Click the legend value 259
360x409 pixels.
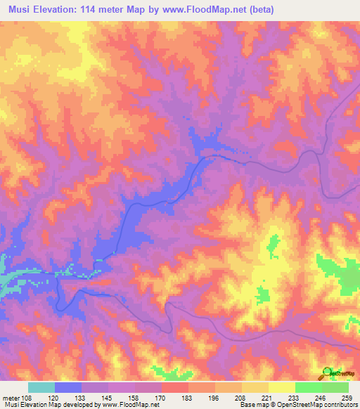coord(347,398)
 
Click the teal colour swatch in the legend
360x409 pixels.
coord(41,387)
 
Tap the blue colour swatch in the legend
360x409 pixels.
coord(68,387)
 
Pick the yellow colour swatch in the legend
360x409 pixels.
coord(281,387)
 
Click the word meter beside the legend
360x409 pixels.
coord(11,398)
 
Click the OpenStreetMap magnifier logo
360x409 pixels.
coord(328,372)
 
